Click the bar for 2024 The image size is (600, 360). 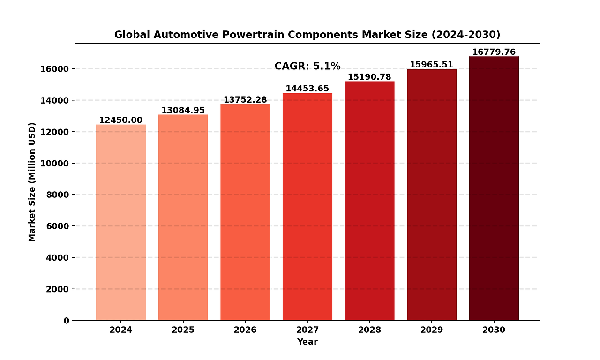point(120,222)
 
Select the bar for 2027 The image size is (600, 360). point(307,207)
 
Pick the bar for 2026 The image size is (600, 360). point(245,212)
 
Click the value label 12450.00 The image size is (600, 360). point(120,120)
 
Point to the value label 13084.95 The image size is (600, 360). point(183,110)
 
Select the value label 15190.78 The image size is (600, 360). point(369,77)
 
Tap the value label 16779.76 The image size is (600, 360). point(494,52)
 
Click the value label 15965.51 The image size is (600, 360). point(431,65)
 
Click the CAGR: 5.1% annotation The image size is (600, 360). point(307,67)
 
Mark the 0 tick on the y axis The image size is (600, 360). point(66,321)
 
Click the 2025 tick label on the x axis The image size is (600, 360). point(183,330)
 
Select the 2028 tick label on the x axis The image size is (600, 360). point(369,330)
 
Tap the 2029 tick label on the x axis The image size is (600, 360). point(431,330)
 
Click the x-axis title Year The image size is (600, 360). point(307,342)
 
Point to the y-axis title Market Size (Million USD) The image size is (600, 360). point(32,182)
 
